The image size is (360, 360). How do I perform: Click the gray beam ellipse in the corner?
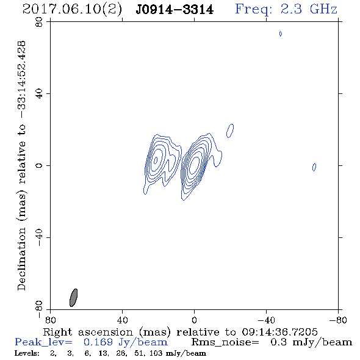pyautogui.click(x=73, y=298)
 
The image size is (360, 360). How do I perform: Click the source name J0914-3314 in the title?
pyautogui.click(x=175, y=10)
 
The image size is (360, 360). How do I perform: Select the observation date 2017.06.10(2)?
pyautogui.click(x=73, y=10)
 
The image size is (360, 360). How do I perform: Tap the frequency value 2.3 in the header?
pyautogui.click(x=291, y=9)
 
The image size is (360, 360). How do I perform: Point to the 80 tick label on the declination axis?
pyautogui.click(x=39, y=22)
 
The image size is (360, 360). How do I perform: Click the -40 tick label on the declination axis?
pyautogui.click(x=39, y=237)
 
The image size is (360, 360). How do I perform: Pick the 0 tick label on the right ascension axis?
pyautogui.click(x=194, y=320)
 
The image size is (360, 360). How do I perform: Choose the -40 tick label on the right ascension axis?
pyautogui.click(x=266, y=320)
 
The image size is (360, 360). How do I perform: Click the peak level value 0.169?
pyautogui.click(x=98, y=342)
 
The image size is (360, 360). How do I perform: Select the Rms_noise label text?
pyautogui.click(x=225, y=342)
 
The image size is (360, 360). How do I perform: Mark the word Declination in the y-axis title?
pyautogui.click(x=21, y=259)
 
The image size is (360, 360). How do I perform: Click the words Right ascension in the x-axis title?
pyautogui.click(x=88, y=332)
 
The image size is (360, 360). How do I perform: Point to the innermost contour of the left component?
pyautogui.click(x=156, y=160)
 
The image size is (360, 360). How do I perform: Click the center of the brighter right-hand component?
pyautogui.click(x=194, y=164)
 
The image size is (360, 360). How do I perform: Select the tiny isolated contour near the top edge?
pyautogui.click(x=281, y=34)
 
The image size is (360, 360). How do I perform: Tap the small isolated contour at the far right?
pyautogui.click(x=314, y=167)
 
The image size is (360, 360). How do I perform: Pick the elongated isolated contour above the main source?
pyautogui.click(x=230, y=131)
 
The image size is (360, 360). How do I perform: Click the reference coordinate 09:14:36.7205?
pyautogui.click(x=279, y=332)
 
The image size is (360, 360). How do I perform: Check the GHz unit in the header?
pyautogui.click(x=323, y=9)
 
